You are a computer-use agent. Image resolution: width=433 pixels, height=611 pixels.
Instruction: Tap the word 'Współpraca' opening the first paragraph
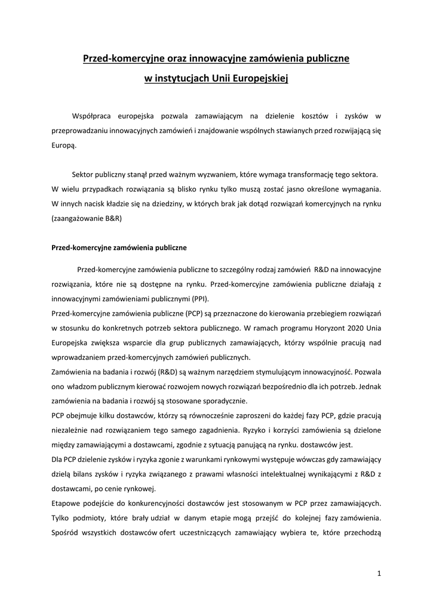pos(91,115)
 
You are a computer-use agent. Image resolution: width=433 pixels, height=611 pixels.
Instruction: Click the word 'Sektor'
pos(83,175)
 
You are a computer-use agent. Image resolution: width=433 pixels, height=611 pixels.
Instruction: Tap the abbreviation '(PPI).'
pos(196,299)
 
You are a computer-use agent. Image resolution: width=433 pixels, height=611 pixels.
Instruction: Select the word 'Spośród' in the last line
pos(66,532)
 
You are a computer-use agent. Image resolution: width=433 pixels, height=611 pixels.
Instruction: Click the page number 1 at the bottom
pos(379,573)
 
